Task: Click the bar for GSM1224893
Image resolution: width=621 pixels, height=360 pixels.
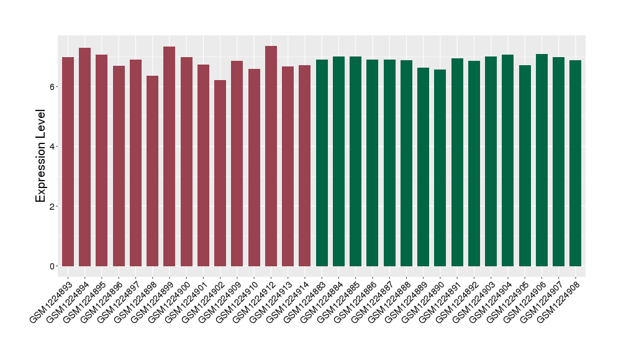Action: click(68, 161)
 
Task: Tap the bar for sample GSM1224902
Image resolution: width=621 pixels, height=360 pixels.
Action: click(220, 173)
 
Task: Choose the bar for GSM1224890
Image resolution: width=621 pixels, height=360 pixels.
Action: click(440, 168)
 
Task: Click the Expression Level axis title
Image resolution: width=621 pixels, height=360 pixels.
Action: click(41, 156)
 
